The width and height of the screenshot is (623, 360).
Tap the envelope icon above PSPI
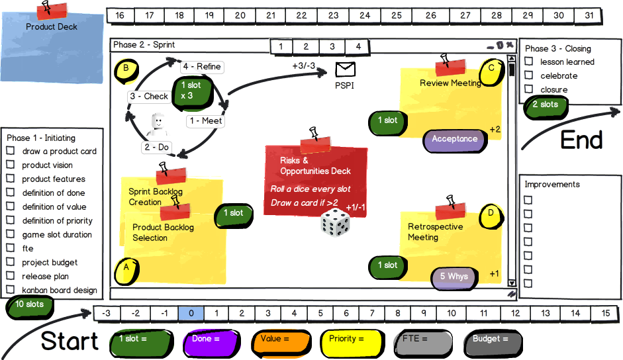[346, 69]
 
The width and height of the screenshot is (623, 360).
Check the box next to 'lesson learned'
[529, 62]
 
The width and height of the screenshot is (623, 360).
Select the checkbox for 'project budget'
[11, 262]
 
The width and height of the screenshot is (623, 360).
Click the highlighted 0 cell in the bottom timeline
[191, 314]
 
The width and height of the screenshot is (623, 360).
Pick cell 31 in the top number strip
[588, 15]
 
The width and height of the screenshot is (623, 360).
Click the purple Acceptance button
[454, 139]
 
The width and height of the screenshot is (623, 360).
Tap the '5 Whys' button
[454, 277]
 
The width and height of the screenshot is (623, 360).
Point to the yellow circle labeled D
[491, 213]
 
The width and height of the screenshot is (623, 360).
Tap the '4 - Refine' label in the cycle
[201, 67]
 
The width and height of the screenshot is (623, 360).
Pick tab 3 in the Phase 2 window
[332, 46]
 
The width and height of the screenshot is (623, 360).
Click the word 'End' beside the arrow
[581, 140]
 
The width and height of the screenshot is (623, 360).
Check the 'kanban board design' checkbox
[11, 290]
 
